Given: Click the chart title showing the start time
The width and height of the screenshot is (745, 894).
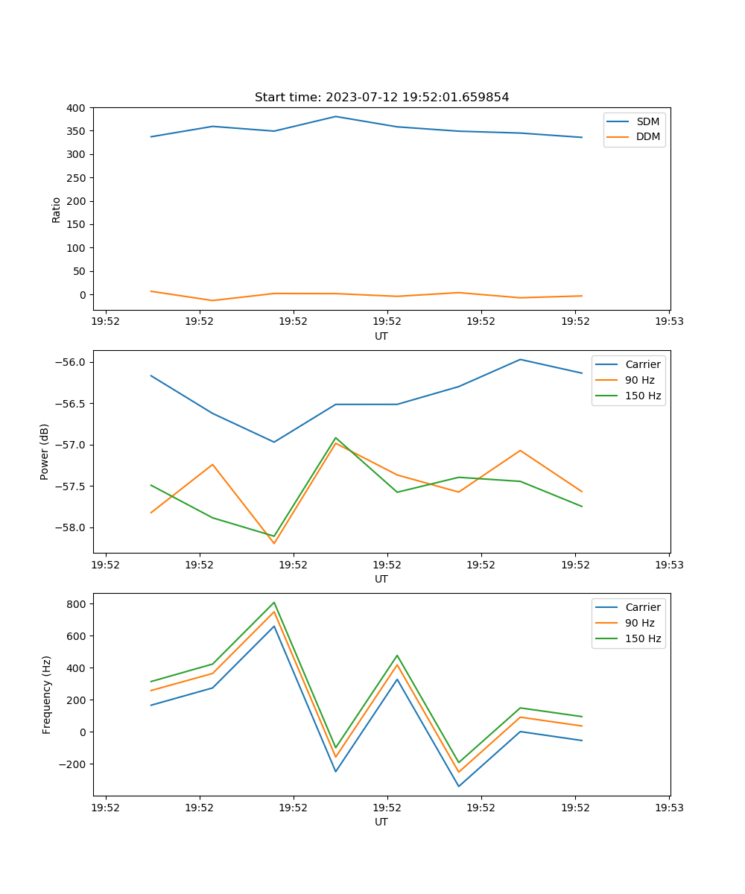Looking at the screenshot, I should (381, 98).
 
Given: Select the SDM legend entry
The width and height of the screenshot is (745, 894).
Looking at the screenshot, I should (647, 121).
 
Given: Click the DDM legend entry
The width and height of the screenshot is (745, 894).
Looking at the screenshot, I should (647, 136).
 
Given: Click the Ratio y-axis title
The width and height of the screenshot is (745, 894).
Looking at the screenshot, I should (57, 209).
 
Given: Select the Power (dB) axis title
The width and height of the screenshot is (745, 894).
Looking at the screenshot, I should (45, 451).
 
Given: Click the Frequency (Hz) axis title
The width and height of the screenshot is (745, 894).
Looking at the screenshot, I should (47, 694).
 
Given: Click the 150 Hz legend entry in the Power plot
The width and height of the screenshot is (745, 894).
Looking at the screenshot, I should (643, 396).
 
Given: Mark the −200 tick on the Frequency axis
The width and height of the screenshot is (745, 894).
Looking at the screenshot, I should (73, 764).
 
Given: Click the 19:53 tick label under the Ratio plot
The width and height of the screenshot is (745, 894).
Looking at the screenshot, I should (669, 323).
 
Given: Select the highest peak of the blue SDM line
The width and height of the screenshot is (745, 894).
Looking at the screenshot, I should (335, 116).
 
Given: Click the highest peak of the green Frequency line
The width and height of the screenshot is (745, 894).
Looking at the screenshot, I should (274, 602).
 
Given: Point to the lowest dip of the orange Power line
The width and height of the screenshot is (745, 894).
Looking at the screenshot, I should (274, 543).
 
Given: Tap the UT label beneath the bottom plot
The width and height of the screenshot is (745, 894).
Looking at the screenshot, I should (381, 822).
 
